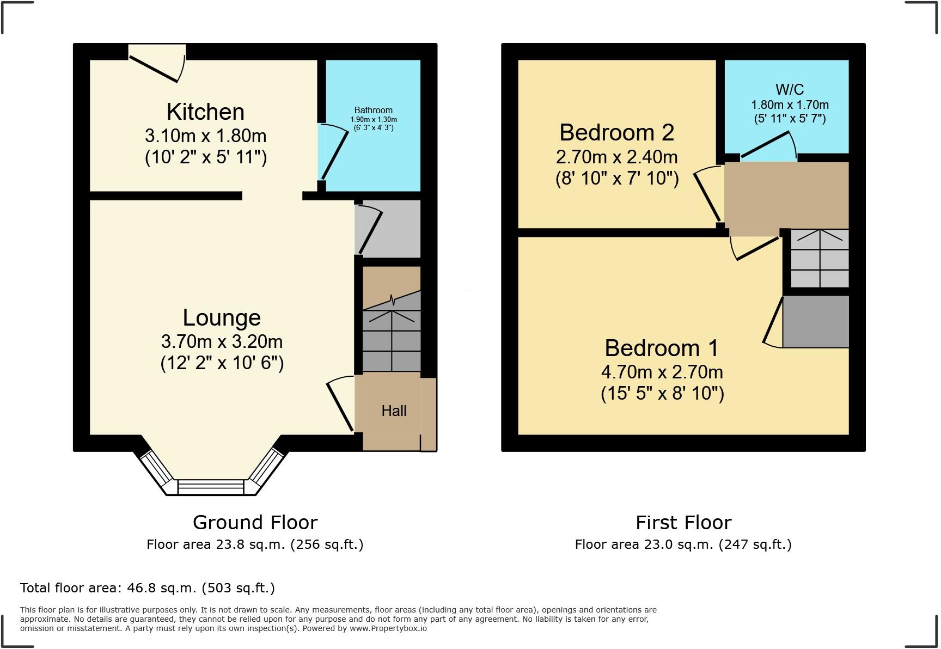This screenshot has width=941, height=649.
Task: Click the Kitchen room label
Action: (x=205, y=112)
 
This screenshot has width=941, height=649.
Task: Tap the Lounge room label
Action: (x=222, y=317)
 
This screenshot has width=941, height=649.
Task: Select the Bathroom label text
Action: (x=373, y=110)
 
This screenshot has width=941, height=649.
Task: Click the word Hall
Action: (x=394, y=411)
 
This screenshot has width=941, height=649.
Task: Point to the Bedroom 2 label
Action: (x=616, y=132)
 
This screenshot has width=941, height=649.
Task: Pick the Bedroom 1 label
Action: (x=661, y=348)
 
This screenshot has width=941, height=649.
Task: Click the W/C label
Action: (x=789, y=89)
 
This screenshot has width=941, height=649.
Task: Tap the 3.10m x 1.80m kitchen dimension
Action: (x=205, y=136)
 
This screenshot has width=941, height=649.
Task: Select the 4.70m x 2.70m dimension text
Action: (x=662, y=372)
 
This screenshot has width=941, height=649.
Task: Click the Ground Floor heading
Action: (x=255, y=523)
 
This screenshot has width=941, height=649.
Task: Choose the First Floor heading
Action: (x=683, y=523)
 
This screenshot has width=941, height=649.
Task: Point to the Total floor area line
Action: (x=147, y=588)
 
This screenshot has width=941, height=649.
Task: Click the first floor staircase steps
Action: (x=819, y=259)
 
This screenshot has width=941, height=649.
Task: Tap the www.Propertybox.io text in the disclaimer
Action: (x=388, y=628)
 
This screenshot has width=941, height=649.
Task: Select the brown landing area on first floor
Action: (x=786, y=195)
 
